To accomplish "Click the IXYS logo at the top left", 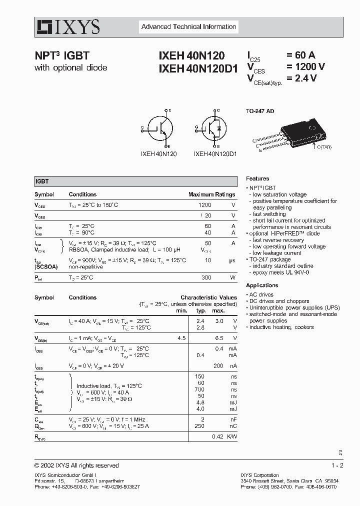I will point(67,26).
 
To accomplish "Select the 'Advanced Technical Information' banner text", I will point(188,27).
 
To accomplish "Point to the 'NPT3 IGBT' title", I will point(61,56).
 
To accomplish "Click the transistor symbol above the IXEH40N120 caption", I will point(158,128).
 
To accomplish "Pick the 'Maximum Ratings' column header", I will point(211,194).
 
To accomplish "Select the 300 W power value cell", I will point(206,277).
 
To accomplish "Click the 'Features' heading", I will point(257,178).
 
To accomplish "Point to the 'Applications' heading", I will point(262,285).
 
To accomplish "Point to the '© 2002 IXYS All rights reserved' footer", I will point(76,465).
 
